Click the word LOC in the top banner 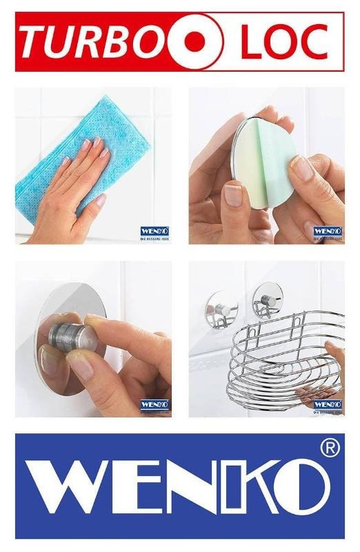pyautogui.click(x=284, y=42)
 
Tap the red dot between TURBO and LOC pyautogui.click(x=195, y=42)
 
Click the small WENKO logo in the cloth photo pyautogui.click(x=155, y=232)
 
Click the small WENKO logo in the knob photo pyautogui.click(x=155, y=405)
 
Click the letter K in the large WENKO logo pyautogui.click(x=246, y=486)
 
